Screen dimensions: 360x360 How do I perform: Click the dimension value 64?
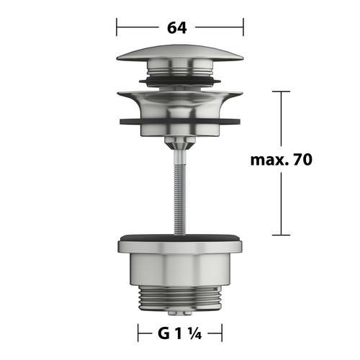(177, 27)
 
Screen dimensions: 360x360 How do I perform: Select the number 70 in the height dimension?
(302, 159)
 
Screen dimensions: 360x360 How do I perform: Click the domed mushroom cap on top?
(180, 53)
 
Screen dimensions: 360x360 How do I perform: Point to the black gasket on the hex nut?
(180, 238)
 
